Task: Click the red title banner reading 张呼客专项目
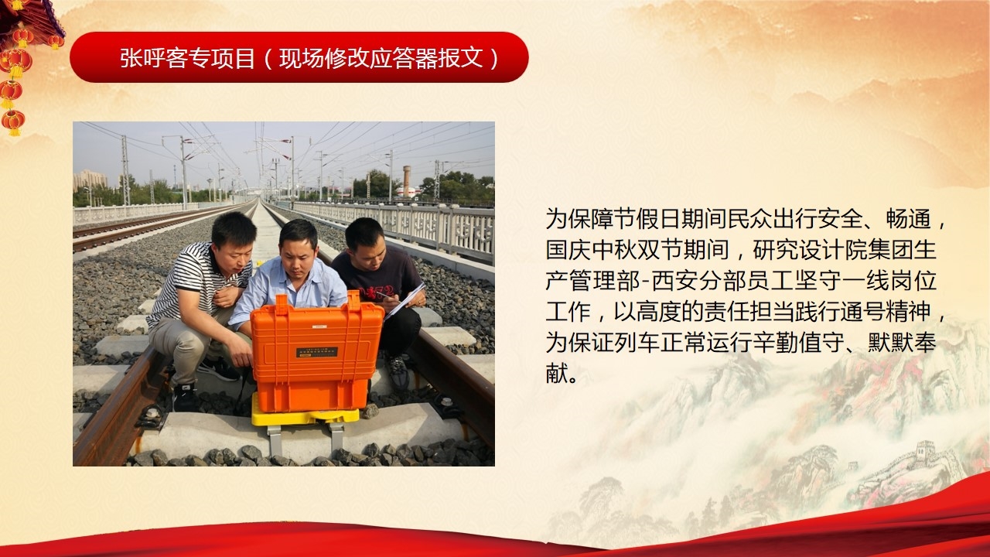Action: (x=299, y=57)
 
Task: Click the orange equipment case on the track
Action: (x=316, y=350)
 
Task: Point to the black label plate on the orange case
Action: (x=316, y=352)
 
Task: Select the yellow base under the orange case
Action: (x=305, y=414)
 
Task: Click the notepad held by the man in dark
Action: (x=406, y=301)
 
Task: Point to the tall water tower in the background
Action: (x=406, y=181)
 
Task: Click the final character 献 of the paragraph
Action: (x=556, y=374)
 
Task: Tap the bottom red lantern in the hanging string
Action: (x=13, y=122)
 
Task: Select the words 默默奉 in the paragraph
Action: (x=902, y=343)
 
